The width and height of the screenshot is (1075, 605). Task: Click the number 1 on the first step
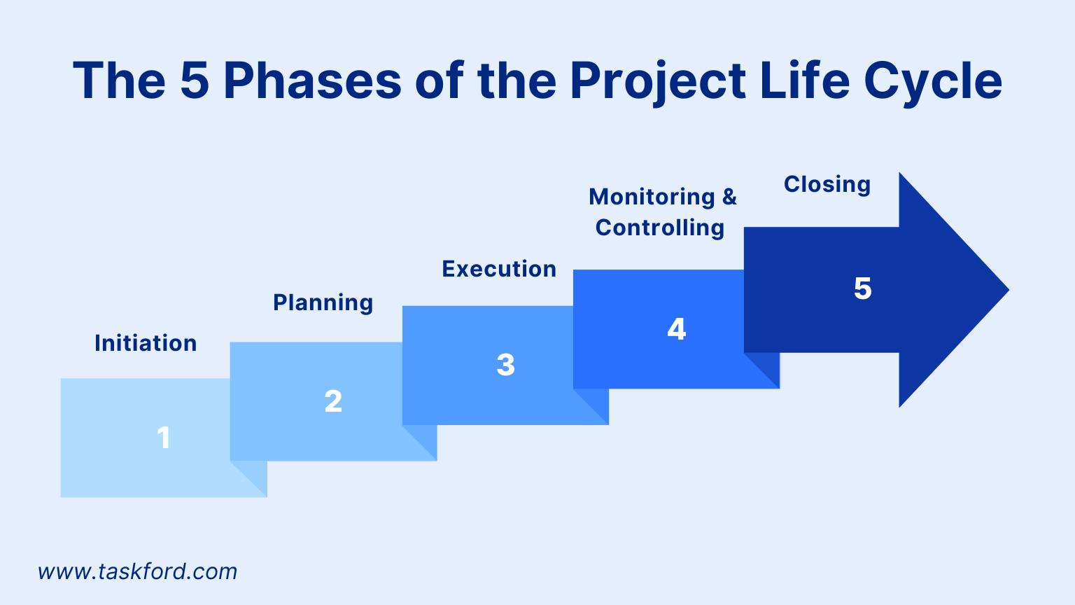point(164,438)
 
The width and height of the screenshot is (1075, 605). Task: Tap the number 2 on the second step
point(334,401)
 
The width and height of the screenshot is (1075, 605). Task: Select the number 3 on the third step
point(506,365)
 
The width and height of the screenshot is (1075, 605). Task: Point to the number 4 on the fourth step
point(677,329)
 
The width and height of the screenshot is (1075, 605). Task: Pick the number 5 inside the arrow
point(862,288)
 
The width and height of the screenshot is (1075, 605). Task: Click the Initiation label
point(146,343)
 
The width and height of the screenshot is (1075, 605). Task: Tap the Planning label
point(323,303)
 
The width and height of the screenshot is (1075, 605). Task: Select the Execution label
point(499,268)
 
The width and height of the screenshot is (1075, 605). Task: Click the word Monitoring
point(652,197)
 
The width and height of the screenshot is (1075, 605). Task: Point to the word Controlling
point(660,228)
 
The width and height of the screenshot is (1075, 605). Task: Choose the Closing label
point(827,185)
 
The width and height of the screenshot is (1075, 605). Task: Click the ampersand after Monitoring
point(729,196)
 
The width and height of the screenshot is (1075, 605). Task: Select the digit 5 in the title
point(195,81)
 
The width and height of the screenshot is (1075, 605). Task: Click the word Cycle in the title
point(933,81)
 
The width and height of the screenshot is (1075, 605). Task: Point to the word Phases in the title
point(312,81)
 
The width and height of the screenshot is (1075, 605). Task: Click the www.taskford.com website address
point(137,571)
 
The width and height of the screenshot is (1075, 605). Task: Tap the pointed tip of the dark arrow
point(1009,289)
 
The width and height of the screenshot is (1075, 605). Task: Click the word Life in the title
point(806,80)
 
